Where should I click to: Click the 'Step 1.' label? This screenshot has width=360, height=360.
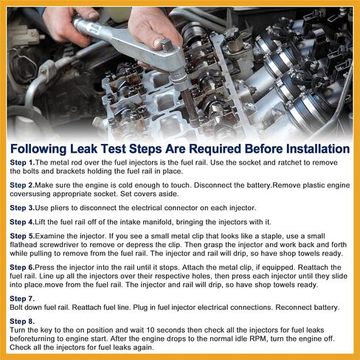[22, 162]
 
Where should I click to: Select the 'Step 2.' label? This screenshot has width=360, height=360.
[22, 185]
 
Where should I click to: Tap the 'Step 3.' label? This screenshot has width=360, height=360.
[22, 208]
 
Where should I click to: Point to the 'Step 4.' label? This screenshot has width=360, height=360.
[22, 222]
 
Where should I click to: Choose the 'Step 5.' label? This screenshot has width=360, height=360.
[22, 236]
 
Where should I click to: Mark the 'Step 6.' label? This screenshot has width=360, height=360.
[22, 267]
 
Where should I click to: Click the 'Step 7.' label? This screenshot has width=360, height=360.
[22, 299]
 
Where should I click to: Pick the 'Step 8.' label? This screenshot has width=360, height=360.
[22, 321]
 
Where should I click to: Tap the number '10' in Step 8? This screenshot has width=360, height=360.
[150, 330]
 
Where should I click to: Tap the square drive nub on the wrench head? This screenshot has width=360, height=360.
[167, 45]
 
